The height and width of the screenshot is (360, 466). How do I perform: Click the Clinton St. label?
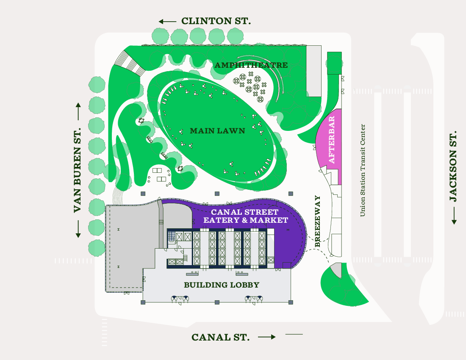pyautogui.click(x=216, y=21)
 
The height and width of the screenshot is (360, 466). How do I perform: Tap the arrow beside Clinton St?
pyautogui.click(x=167, y=21)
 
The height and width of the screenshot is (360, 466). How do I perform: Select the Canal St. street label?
pyautogui.click(x=220, y=337)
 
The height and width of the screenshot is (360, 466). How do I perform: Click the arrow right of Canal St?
pyautogui.click(x=267, y=337)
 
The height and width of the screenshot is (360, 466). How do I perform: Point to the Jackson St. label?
pyautogui.click(x=453, y=166)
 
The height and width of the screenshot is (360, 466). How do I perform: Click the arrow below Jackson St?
pyautogui.click(x=454, y=216)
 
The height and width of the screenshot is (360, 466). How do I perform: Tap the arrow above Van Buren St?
pyautogui.click(x=78, y=111)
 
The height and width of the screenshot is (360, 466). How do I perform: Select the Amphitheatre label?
pyautogui.click(x=251, y=65)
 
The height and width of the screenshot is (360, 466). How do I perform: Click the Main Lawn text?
pyautogui.click(x=217, y=131)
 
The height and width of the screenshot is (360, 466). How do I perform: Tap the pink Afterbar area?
pyautogui.click(x=330, y=144)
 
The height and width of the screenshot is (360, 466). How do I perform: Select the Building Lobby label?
pyautogui.click(x=221, y=285)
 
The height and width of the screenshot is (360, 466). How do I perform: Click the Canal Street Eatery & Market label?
pyautogui.click(x=246, y=216)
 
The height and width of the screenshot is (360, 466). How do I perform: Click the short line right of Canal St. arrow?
pyautogui.click(x=294, y=335)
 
